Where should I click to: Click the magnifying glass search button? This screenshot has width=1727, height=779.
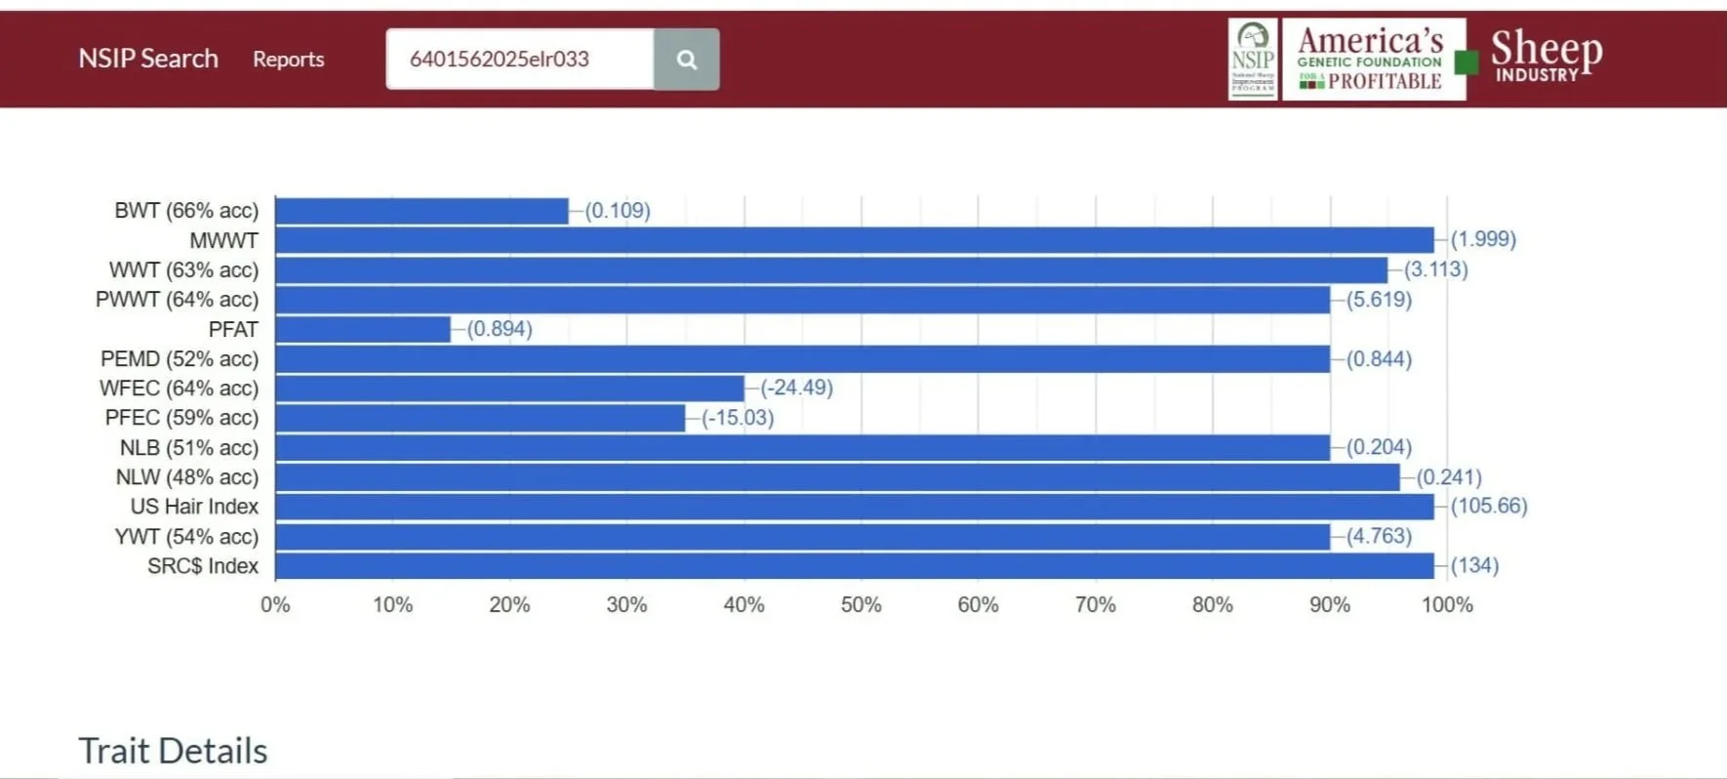point(686,60)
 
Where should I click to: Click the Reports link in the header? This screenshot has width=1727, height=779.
point(288,60)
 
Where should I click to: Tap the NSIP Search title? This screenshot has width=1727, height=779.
point(148,59)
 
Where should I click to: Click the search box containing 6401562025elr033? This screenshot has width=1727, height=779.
point(519,60)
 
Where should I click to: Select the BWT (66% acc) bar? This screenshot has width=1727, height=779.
point(422,211)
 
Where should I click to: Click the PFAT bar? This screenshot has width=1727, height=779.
point(363,329)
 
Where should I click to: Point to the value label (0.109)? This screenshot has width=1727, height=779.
point(618,211)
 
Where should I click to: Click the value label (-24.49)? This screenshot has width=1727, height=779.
point(796,388)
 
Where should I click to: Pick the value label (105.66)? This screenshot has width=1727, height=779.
point(1488,506)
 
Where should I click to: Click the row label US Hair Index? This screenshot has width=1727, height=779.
point(194,507)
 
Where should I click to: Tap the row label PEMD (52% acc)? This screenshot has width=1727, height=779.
point(180,359)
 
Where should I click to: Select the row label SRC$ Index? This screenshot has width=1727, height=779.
point(203,566)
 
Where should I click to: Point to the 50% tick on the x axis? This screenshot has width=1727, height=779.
point(861,605)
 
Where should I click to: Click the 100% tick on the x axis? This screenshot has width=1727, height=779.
point(1446,605)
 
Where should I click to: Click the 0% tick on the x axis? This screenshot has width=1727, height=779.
point(275,605)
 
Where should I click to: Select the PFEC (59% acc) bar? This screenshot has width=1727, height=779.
point(480,418)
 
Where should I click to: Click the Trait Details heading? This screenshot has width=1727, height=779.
point(173,751)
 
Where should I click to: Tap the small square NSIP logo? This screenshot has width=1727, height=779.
point(1252,60)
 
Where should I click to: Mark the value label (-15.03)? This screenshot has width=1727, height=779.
point(738,418)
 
